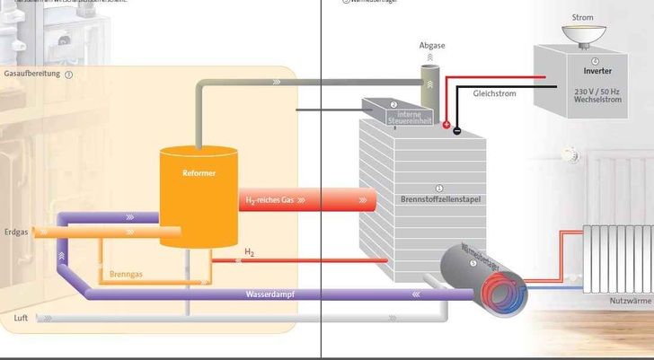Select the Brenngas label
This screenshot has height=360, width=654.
127,273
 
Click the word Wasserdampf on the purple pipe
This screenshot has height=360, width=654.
270,294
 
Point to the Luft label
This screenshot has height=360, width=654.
21,318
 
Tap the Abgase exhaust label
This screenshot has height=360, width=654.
432,45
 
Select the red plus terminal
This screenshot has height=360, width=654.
446,125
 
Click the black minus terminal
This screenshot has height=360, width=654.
456,131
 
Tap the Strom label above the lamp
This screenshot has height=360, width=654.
582,17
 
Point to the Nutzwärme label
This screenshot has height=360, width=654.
630,300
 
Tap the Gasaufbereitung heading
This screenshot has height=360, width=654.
32,74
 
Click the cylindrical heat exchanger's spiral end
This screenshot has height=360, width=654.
503,289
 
